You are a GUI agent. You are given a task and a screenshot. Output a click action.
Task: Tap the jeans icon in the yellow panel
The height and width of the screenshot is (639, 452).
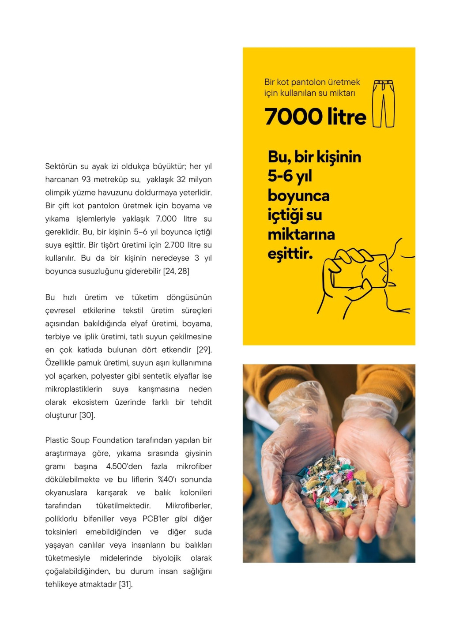point(383,104)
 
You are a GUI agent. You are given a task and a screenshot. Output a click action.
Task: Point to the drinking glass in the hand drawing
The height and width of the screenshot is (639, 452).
point(360,271)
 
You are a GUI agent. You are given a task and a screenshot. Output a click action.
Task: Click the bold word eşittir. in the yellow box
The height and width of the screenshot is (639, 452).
point(290,254)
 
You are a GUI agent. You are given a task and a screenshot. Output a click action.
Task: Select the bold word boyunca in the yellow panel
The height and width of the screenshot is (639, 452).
point(298,195)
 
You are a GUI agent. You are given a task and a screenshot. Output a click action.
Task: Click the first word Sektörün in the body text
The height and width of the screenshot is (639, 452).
point(60,166)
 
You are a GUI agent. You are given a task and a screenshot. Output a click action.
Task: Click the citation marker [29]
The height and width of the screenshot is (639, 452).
point(204,350)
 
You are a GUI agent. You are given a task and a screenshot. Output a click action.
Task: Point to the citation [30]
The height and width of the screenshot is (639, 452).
point(87,415)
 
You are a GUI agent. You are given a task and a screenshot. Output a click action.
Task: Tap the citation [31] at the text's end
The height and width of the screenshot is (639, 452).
point(126,584)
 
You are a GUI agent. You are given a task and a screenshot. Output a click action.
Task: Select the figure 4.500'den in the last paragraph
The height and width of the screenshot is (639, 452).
point(124,466)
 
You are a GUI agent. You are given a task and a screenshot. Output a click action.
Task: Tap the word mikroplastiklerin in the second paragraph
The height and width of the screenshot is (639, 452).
point(74,389)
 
